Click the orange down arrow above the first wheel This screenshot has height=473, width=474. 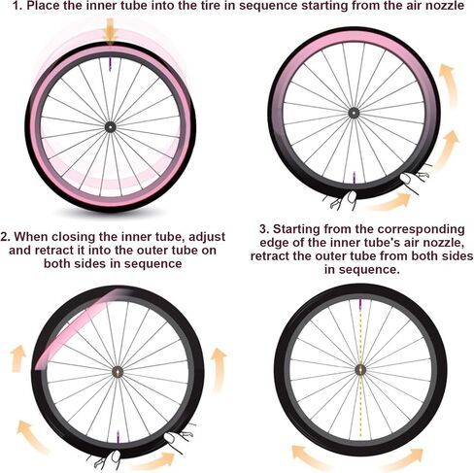111,31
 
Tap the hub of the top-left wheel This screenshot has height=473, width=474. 110,126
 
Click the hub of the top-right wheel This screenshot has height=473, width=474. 354,113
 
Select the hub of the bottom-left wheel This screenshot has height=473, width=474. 118,372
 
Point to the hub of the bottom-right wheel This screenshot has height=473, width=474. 360,369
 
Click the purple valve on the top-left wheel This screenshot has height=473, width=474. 110,64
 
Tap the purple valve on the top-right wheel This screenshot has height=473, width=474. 354,178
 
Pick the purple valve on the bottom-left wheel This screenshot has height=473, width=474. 118,436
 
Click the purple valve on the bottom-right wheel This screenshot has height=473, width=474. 360,303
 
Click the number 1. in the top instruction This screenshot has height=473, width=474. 17,6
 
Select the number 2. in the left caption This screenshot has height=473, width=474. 6,236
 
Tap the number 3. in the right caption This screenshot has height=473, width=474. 264,229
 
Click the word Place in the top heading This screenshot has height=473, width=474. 42,6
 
